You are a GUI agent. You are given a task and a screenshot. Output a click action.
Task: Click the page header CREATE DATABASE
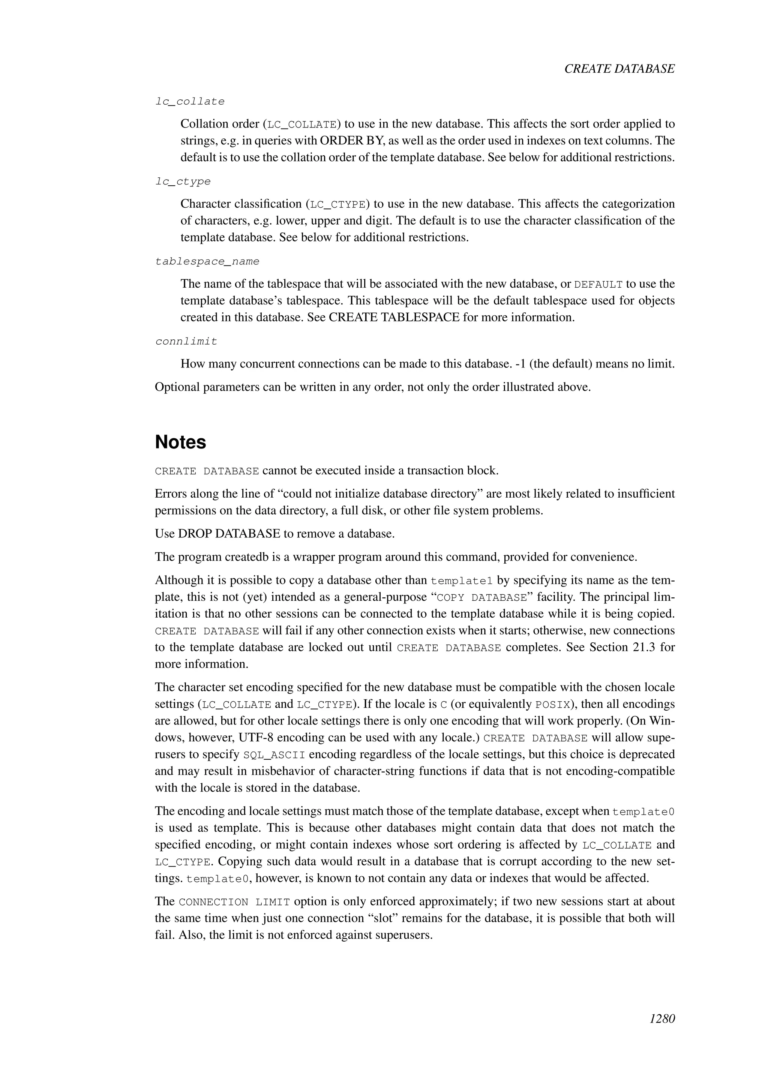[x=619, y=69]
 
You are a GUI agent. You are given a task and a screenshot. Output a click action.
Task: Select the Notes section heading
[x=181, y=442]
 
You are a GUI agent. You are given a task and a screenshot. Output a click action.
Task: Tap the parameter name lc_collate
[x=190, y=102]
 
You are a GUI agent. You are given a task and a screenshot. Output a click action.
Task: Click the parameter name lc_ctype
[x=183, y=181]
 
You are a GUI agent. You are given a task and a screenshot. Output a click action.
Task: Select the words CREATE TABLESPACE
[x=394, y=317]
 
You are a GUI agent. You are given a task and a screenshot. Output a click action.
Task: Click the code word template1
[x=462, y=581]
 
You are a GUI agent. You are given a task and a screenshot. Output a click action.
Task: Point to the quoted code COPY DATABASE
[x=481, y=597]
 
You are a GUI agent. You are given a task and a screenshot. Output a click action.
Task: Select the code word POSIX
[x=552, y=705]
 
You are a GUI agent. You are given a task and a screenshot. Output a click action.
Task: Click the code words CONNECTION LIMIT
[x=234, y=902]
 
